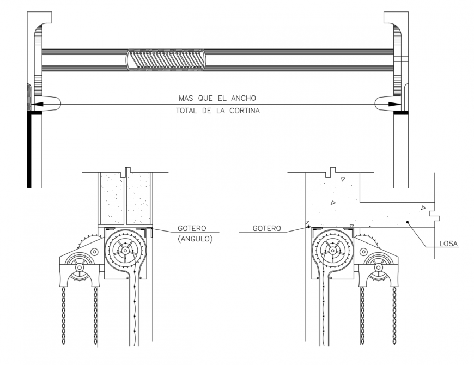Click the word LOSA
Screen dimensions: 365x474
pyautogui.click(x=449, y=244)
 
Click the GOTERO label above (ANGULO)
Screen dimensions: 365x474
pyautogui.click(x=192, y=229)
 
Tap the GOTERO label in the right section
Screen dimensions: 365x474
pyautogui.click(x=267, y=229)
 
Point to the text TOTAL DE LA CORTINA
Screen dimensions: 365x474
pyautogui.click(x=217, y=110)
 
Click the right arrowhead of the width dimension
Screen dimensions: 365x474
pyautogui.click(x=394, y=104)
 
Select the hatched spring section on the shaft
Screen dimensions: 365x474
pyautogui.click(x=166, y=59)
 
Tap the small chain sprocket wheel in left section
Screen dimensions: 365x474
pyautogui.click(x=80, y=267)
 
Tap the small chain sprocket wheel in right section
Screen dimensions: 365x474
pyautogui.click(x=376, y=267)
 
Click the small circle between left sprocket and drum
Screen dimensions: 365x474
pyautogui.click(x=95, y=252)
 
